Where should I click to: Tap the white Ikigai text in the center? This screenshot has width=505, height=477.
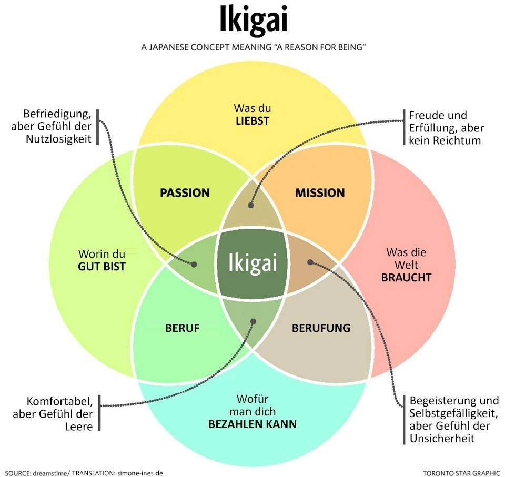[252, 262]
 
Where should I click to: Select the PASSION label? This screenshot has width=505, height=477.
[185, 192]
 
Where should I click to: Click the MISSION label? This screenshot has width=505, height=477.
[320, 192]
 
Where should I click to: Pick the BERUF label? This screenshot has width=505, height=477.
[182, 328]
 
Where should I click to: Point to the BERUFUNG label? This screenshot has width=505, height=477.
[321, 328]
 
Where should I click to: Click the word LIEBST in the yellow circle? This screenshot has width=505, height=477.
[252, 121]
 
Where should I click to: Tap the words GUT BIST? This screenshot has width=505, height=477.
[102, 267]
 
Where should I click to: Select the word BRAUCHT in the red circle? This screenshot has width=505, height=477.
[406, 277]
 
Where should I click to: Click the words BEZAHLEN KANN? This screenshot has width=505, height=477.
[252, 424]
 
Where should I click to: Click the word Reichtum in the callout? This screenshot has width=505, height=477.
[454, 140]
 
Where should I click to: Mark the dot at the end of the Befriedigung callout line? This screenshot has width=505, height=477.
[194, 265]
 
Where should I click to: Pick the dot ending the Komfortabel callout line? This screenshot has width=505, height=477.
[253, 321]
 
